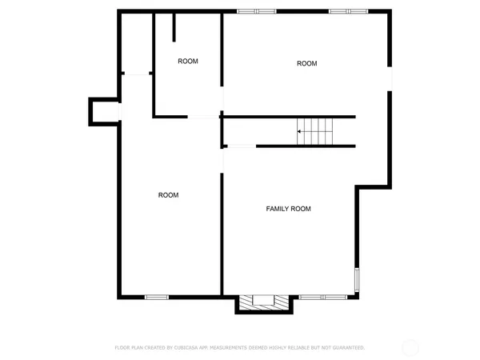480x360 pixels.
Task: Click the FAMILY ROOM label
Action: (x=288, y=209)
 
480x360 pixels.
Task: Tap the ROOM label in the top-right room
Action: (x=307, y=63)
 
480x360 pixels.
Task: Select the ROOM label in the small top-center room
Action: (x=188, y=61)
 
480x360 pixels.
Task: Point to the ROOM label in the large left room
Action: (x=168, y=195)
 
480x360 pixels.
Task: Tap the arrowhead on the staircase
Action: (x=300, y=131)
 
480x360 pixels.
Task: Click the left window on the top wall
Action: (x=257, y=11)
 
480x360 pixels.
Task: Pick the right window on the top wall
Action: (x=349, y=11)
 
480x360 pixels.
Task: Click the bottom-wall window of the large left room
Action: (x=157, y=298)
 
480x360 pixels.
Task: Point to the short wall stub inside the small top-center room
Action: (x=174, y=26)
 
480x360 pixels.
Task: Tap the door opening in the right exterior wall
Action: (x=390, y=79)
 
